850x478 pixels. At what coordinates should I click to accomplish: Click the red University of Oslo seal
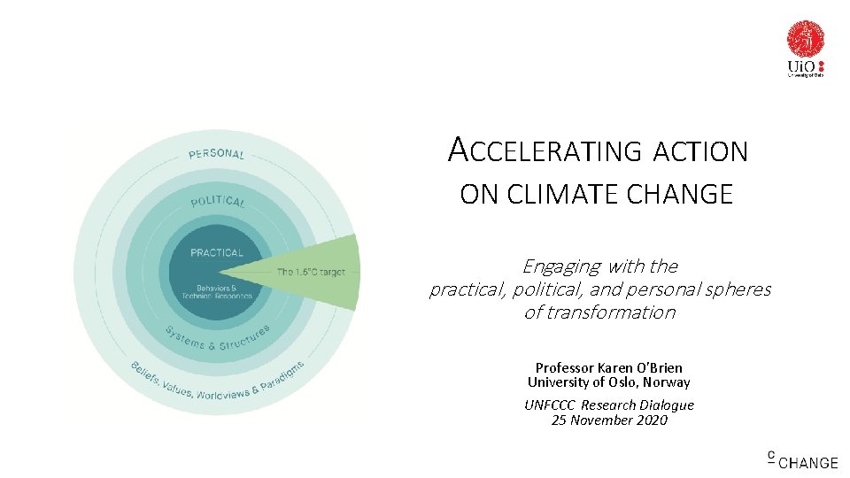click(806, 39)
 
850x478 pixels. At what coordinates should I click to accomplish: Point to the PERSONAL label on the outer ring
click(216, 154)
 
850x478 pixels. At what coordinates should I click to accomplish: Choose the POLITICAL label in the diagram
click(218, 202)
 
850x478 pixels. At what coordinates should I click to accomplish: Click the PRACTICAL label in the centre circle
click(216, 252)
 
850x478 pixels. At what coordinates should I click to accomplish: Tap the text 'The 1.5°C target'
click(311, 272)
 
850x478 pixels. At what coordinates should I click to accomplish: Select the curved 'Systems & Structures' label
click(217, 337)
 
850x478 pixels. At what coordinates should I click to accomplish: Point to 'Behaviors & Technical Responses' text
click(216, 292)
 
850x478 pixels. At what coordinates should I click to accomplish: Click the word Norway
click(668, 382)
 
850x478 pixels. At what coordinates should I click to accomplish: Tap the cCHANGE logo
click(802, 460)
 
